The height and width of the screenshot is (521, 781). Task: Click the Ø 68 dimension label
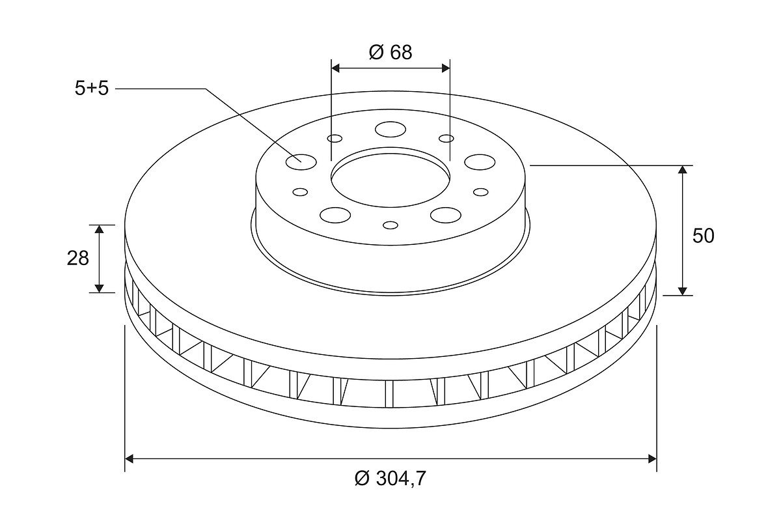(390, 52)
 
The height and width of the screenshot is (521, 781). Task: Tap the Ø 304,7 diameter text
(390, 479)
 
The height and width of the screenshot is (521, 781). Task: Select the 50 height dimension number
(704, 236)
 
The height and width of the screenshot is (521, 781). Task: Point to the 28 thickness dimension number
(77, 259)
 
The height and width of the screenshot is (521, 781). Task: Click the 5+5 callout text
(92, 89)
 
